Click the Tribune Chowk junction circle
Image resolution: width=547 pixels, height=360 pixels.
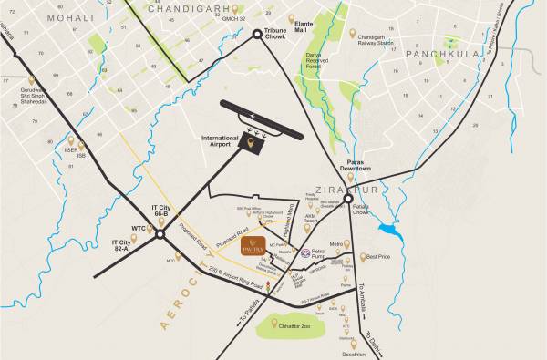coord(256,34)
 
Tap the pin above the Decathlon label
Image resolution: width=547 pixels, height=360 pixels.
coord(353,345)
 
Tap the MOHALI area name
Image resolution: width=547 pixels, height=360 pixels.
coord(67,17)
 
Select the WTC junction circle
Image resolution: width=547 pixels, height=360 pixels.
coord(160,233)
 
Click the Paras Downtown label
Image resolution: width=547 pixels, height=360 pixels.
coord(346,165)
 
